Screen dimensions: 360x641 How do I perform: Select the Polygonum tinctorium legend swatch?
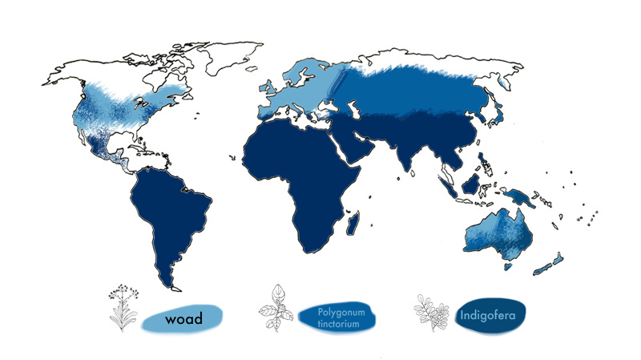coord(339,318)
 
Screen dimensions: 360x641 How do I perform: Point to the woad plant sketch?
coord(123,306)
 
